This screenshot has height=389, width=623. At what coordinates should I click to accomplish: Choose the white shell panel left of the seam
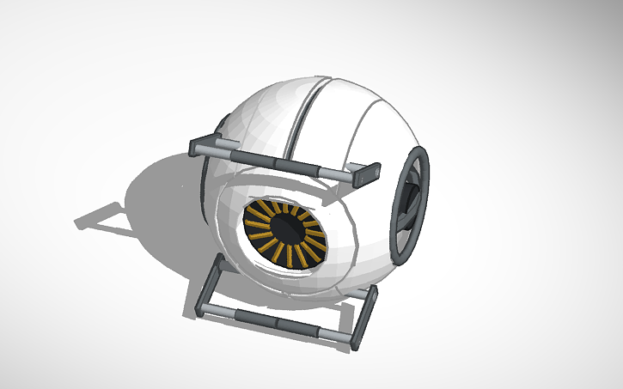pos(258,120)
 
